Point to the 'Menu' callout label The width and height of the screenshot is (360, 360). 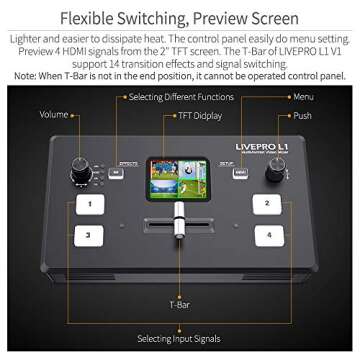(x=302, y=97)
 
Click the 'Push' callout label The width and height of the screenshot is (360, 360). (x=301, y=115)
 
